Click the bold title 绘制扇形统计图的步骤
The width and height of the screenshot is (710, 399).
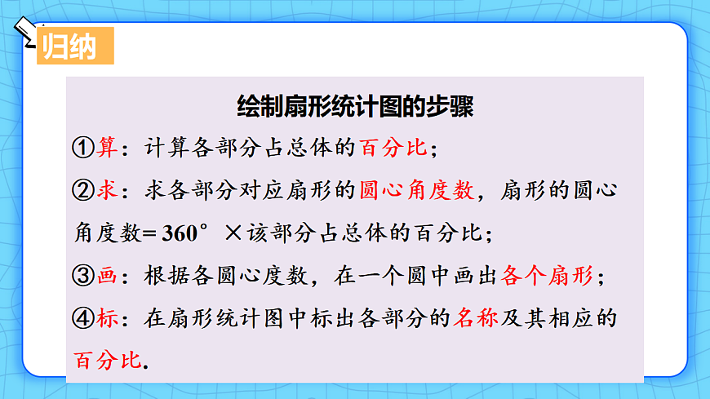pyautogui.click(x=354, y=106)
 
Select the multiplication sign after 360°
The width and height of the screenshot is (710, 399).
pyautogui.click(x=233, y=233)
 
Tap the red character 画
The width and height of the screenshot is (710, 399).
pyautogui.click(x=107, y=276)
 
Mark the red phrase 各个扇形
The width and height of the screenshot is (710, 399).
pyautogui.click(x=548, y=276)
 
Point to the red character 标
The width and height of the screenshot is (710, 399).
pyautogui.click(x=107, y=318)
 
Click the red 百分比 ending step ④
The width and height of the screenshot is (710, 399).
pyautogui.click(x=107, y=361)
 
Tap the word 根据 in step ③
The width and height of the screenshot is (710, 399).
pyautogui.click(x=163, y=276)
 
